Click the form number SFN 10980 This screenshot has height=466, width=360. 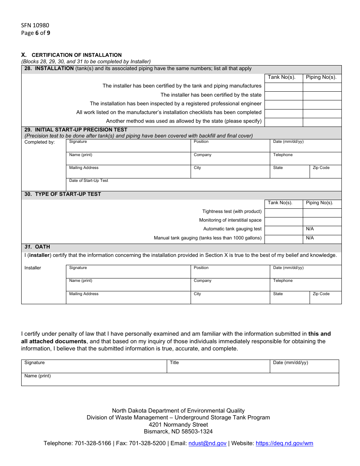point(35,25)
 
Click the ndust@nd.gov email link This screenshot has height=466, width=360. point(207,443)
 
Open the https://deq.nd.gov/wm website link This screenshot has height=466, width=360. point(284,443)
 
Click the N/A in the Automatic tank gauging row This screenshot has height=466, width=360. point(310,229)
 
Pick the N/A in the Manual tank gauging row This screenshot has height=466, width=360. point(310,238)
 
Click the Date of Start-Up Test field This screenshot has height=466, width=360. point(203,185)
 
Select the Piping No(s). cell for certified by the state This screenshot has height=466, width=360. point(322,95)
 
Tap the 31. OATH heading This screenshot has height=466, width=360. point(37,247)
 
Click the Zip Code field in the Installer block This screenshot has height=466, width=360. point(326,298)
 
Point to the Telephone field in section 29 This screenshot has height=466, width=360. point(305,159)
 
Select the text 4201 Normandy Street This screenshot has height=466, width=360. point(178,425)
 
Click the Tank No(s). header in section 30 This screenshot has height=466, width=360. point(280,203)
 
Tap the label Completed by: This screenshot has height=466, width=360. point(39,142)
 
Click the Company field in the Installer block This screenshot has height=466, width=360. point(230,285)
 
